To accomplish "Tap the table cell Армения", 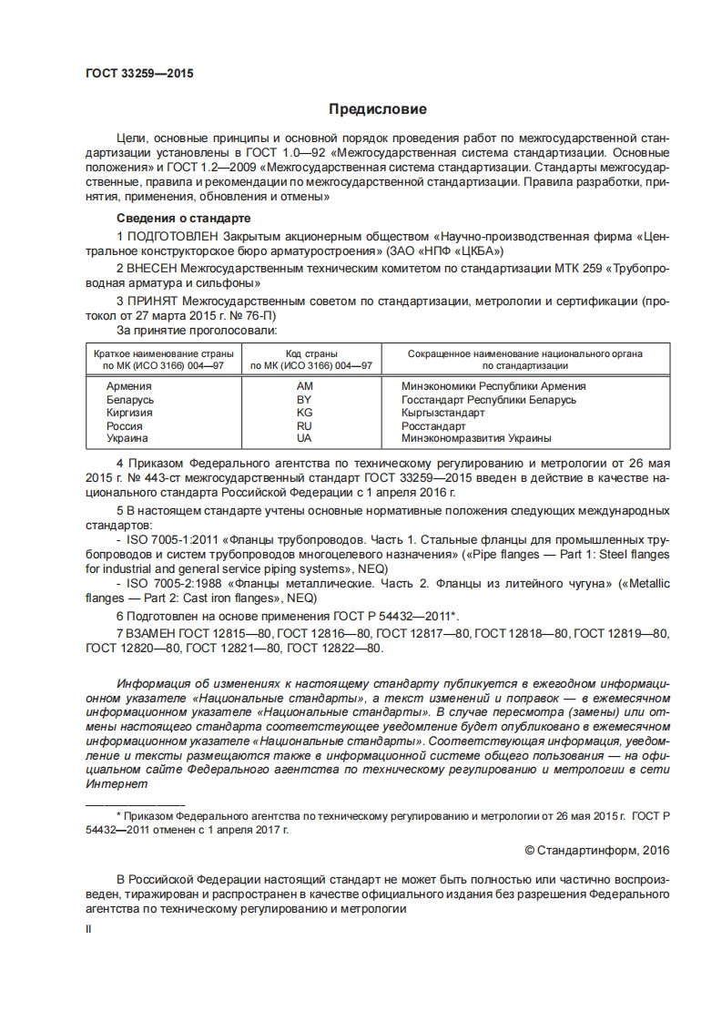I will (x=129, y=386).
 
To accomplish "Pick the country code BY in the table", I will (x=304, y=399).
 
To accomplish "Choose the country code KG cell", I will (x=304, y=413).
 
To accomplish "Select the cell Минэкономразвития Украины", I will (x=476, y=438).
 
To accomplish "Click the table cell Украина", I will (x=127, y=438).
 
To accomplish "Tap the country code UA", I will (x=304, y=438).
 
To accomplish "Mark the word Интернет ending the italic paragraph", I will (x=116, y=783).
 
